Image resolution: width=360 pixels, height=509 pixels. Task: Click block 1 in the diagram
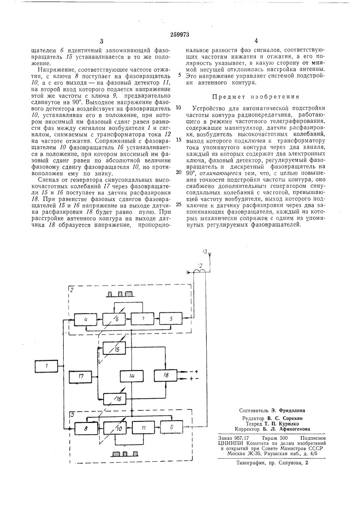[47, 365]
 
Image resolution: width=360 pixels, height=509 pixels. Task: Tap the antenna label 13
[205, 251]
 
